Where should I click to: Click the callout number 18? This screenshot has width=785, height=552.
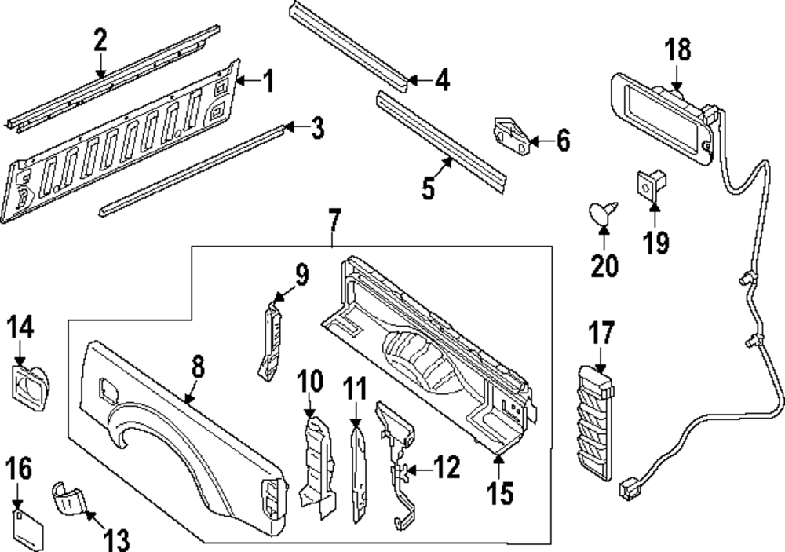678,50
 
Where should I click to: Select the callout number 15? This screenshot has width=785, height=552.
499,493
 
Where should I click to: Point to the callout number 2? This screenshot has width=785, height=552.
100,41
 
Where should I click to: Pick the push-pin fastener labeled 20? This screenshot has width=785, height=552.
603,212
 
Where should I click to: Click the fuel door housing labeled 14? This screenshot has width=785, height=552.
28,384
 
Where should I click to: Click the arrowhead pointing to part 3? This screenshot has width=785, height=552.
289,127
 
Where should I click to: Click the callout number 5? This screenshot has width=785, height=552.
429,189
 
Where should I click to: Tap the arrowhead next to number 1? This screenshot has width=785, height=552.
241,81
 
